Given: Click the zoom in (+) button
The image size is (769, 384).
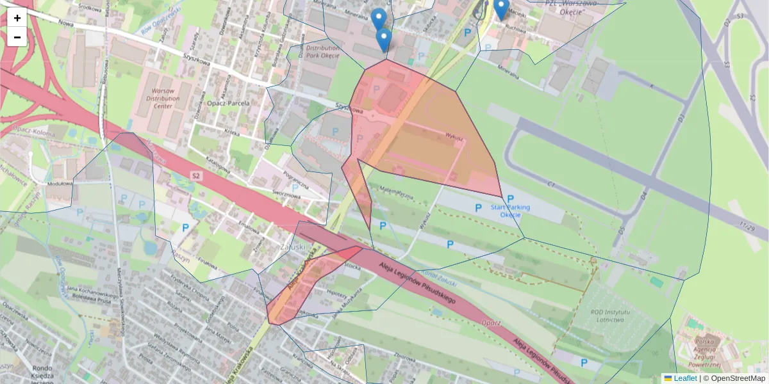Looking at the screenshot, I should pyautogui.click(x=17, y=18).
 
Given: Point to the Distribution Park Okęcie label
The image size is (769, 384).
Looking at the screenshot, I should pyautogui.click(x=322, y=51).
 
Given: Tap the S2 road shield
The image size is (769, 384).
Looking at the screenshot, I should pyautogui.click(x=196, y=174).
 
